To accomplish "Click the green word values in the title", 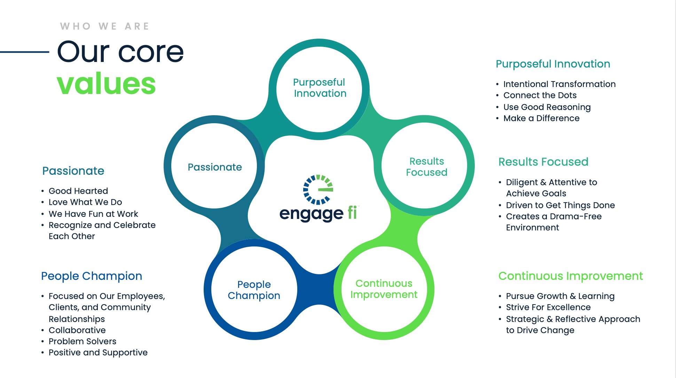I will coord(106,84).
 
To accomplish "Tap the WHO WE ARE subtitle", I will coord(104,26).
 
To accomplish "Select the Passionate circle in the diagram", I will coord(214,167).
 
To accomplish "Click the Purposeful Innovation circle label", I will coord(320,88).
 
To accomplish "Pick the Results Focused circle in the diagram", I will coord(426,167).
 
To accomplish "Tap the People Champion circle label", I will coord(254,290).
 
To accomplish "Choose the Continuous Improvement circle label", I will coord(384,289).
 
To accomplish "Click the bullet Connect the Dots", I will coord(540,95).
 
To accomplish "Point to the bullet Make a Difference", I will coord(541,118).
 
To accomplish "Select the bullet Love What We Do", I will coord(85,202).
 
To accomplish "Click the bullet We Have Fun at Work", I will coord(93,214).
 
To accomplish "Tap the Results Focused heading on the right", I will coord(543,162).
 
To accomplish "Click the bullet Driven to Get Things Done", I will coord(560,205).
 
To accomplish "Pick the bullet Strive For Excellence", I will coord(548,307).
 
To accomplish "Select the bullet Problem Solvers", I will coord(82,341).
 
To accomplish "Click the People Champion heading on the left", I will coord(92,276).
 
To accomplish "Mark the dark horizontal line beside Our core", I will coord(24,52).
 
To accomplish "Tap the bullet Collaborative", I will coord(77,330).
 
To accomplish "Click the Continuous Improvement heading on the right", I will coord(570,276).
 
